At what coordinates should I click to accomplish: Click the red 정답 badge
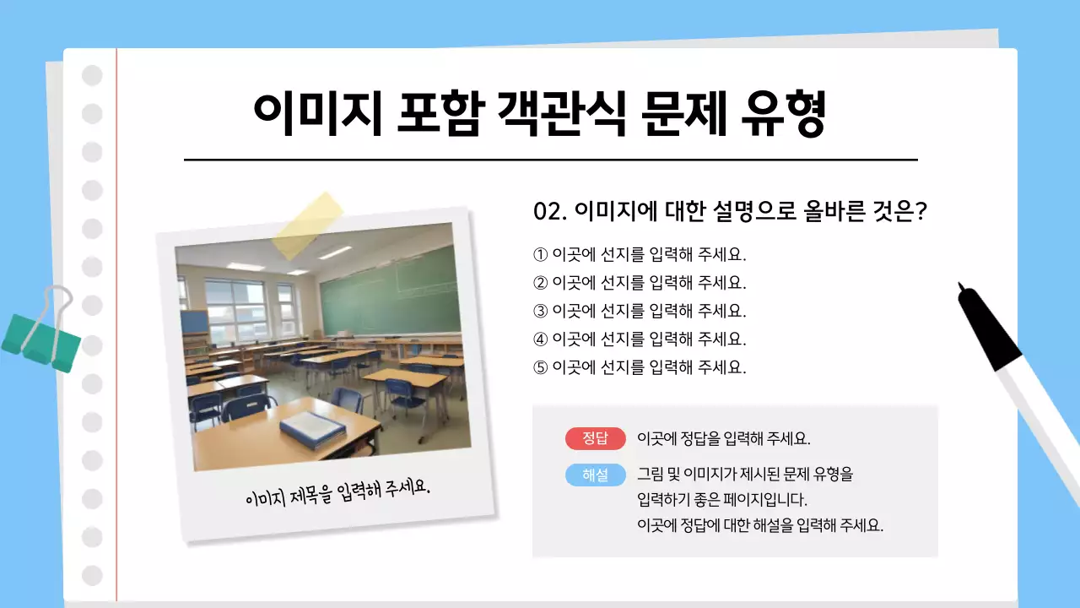pos(595,439)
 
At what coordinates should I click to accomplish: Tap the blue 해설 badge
pos(595,475)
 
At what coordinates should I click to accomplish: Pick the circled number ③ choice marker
pos(541,311)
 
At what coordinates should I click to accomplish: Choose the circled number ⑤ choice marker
pos(541,367)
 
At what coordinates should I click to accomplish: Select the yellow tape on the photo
pos(307,225)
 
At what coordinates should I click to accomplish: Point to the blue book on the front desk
pos(312,430)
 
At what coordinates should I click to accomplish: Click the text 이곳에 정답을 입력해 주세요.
pos(724,439)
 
